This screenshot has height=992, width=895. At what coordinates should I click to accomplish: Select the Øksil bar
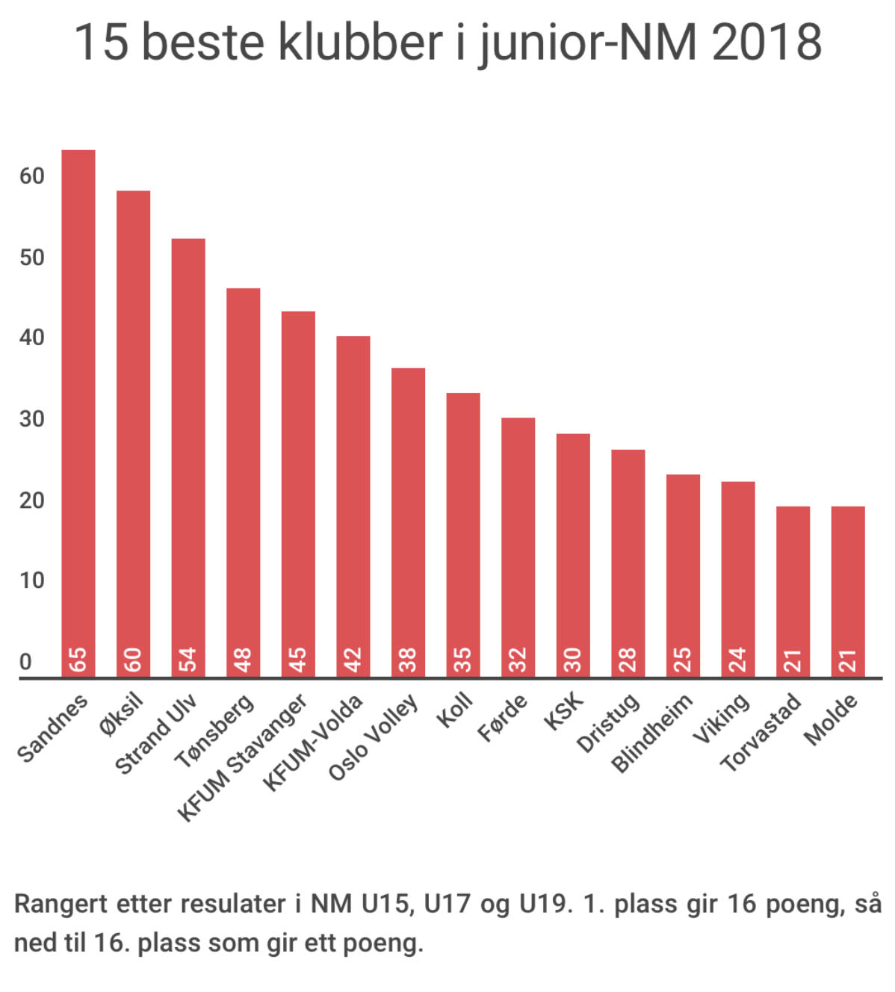pyautogui.click(x=133, y=433)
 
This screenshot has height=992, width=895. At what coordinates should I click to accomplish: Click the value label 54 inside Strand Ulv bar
pyautogui.click(x=188, y=660)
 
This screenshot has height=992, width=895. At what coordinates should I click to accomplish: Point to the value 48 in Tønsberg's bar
pyautogui.click(x=244, y=660)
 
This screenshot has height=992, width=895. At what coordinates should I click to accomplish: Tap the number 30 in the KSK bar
pyautogui.click(x=573, y=660)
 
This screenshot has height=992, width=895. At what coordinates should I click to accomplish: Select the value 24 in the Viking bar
pyautogui.click(x=738, y=660)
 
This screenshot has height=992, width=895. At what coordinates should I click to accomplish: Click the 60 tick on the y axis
pyautogui.click(x=32, y=176)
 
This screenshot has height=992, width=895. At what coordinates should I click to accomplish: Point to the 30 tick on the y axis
pyautogui.click(x=32, y=419)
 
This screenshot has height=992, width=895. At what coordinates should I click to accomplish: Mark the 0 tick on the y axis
pyautogui.click(x=25, y=662)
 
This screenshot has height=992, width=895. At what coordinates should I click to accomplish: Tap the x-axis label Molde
pyautogui.click(x=830, y=719)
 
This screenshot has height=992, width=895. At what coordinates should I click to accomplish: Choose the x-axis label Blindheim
pyautogui.click(x=652, y=733)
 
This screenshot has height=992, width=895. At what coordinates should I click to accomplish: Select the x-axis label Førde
pyautogui.click(x=502, y=718)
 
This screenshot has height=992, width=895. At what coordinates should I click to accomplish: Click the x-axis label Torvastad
pyautogui.click(x=761, y=733)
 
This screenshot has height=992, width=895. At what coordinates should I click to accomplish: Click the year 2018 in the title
pyautogui.click(x=767, y=42)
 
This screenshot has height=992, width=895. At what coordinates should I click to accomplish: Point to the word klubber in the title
pyautogui.click(x=360, y=42)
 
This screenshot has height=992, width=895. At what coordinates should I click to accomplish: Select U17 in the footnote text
pyautogui.click(x=447, y=904)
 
